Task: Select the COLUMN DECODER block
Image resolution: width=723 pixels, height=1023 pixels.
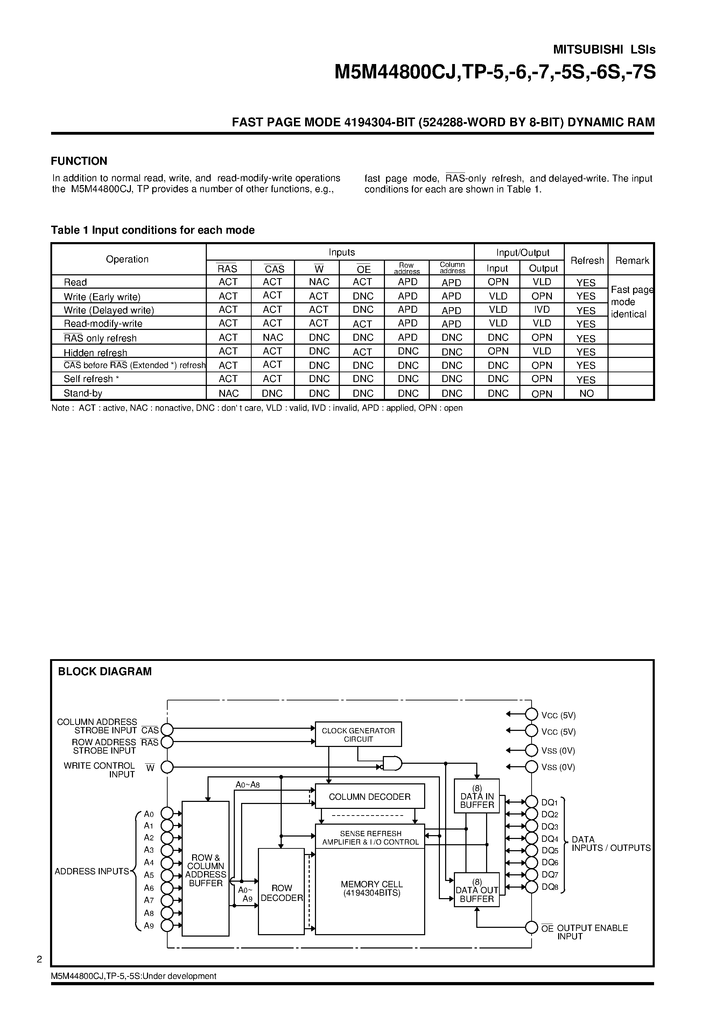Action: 370,796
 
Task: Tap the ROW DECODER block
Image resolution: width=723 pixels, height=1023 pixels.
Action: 281,891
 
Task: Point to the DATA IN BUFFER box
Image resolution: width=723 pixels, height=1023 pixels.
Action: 477,796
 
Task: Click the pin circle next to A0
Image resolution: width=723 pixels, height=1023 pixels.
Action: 167,813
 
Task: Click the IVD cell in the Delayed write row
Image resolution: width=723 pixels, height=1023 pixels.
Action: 542,310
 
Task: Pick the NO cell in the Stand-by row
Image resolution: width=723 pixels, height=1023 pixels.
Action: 586,394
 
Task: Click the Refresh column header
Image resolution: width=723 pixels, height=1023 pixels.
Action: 587,260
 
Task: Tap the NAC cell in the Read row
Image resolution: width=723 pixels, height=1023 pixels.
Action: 319,282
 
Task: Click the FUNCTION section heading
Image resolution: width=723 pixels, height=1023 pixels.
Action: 79,161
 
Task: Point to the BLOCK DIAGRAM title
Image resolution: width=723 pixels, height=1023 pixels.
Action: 105,671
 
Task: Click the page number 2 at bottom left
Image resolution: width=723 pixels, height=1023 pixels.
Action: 39,959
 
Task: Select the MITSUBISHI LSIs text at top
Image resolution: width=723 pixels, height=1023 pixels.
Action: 604,50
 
